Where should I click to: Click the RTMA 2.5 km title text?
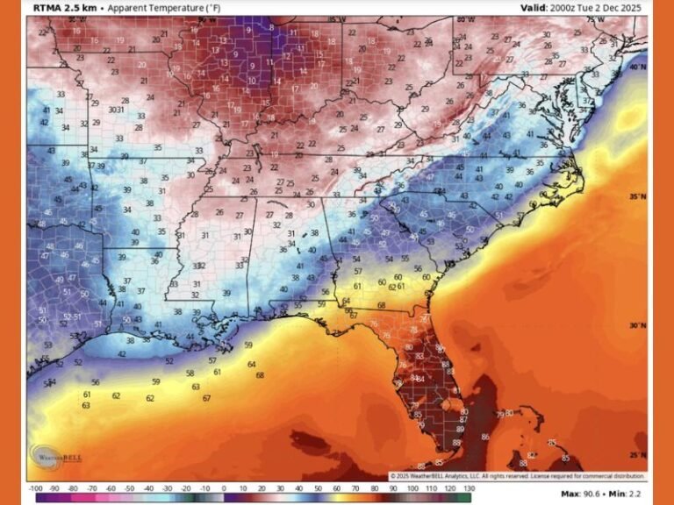click(64, 8)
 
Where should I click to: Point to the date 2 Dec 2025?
click(619, 8)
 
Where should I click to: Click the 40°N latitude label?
click(640, 68)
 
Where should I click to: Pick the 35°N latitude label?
click(640, 197)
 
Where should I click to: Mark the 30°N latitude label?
click(640, 325)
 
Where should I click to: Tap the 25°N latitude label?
click(640, 455)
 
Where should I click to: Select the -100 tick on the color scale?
click(36, 487)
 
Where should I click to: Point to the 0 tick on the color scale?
click(223, 487)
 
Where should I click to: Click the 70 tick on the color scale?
click(355, 487)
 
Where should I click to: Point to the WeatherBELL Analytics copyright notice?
click(518, 476)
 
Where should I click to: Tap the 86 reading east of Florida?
click(485, 437)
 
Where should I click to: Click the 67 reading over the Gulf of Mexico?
click(206, 398)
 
